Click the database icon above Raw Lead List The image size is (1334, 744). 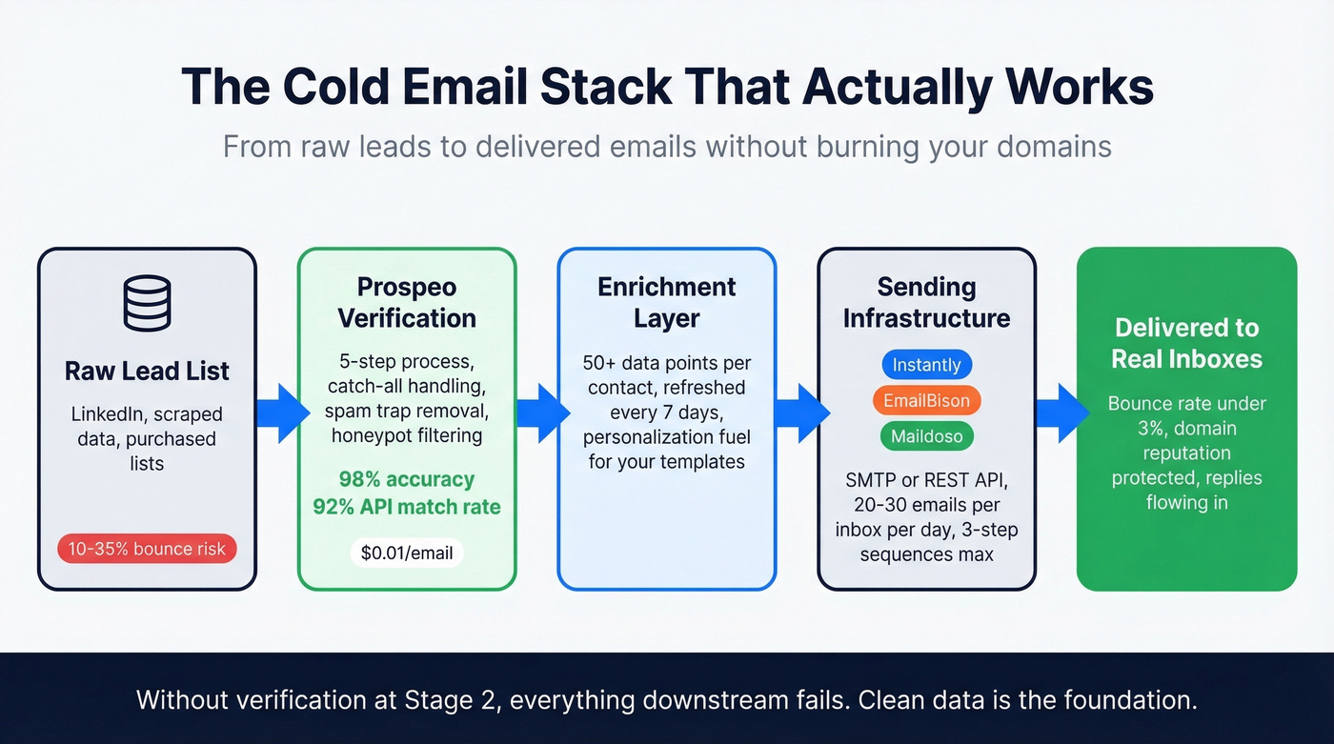point(147,304)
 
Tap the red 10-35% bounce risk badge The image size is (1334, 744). point(147,549)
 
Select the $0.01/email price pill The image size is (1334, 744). point(407,553)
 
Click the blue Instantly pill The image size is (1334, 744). point(926,365)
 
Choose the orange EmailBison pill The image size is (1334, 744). point(926,401)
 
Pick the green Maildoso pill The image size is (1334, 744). point(926,437)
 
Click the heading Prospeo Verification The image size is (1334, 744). point(407,302)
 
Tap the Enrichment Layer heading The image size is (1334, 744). point(666,302)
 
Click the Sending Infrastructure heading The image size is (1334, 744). point(926,302)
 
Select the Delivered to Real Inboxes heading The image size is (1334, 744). point(1186,343)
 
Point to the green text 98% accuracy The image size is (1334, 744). point(407,479)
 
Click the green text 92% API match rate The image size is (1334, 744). point(407,507)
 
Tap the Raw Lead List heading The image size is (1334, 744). point(147,371)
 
